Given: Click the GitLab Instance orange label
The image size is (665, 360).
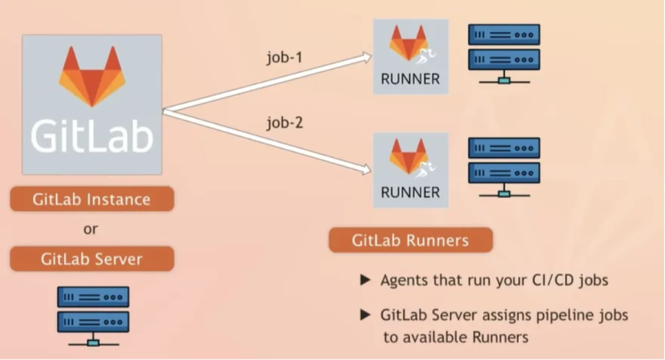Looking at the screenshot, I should (x=91, y=200).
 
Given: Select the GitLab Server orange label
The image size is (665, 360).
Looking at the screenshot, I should (x=91, y=259).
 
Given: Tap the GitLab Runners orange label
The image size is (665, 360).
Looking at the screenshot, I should (x=410, y=241).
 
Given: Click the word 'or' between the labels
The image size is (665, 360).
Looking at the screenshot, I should (x=91, y=229).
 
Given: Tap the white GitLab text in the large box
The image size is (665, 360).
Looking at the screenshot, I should (x=91, y=135).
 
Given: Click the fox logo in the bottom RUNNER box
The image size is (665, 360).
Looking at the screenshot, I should (x=409, y=157).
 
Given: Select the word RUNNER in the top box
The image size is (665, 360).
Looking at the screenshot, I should (x=410, y=80).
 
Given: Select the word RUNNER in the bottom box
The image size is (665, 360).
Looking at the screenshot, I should (x=410, y=192).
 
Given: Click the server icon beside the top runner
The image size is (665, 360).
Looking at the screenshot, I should (x=504, y=52).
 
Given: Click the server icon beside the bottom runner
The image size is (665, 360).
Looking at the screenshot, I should (x=504, y=165).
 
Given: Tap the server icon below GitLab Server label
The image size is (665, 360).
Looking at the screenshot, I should (x=92, y=314).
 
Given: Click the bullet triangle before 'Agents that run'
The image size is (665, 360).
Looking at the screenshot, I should (x=365, y=280).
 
